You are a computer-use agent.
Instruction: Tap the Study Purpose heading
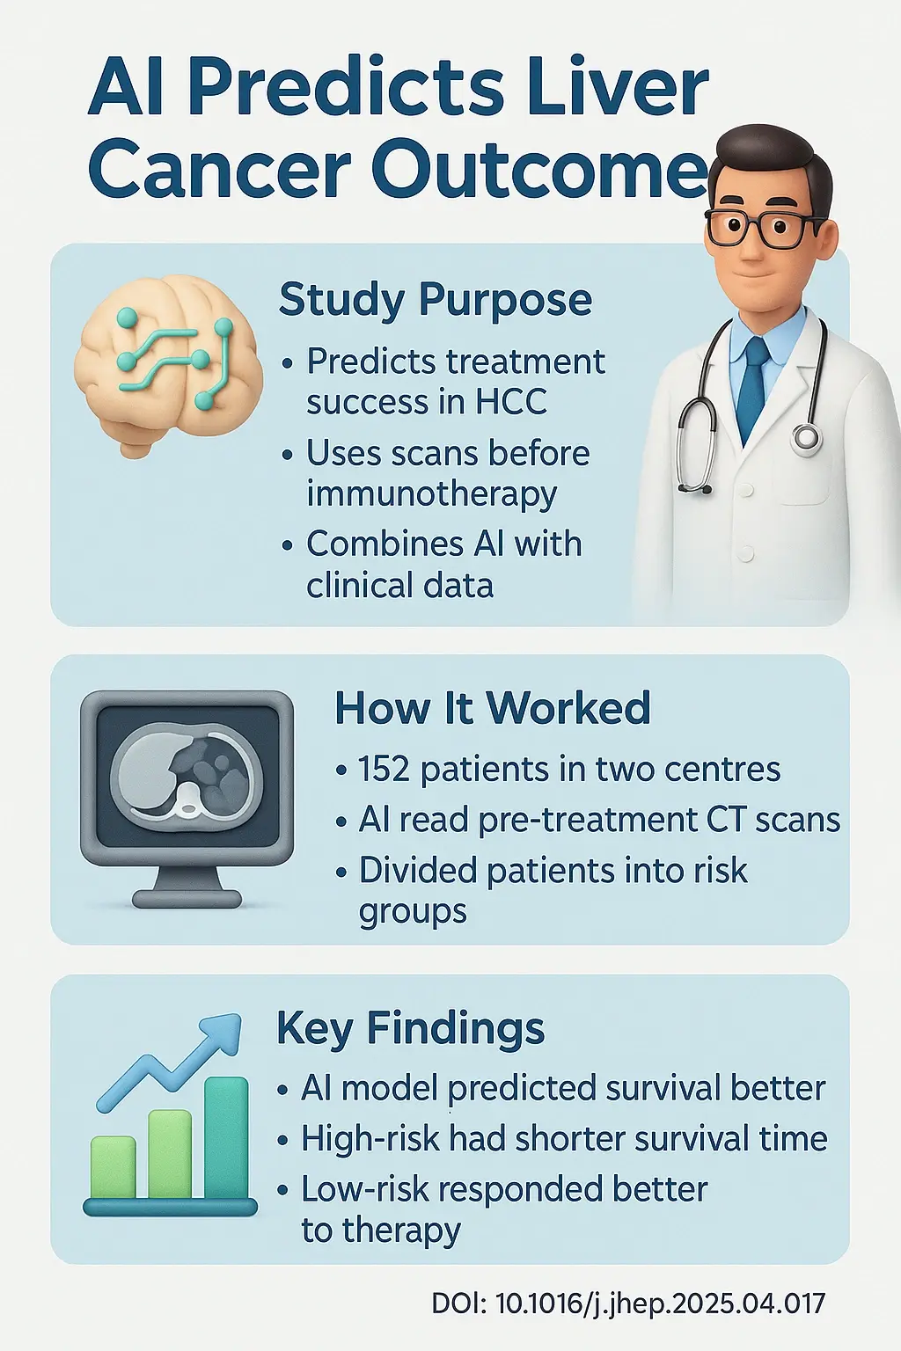pyautogui.click(x=435, y=300)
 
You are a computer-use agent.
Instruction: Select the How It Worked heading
pyautogui.click(x=492, y=708)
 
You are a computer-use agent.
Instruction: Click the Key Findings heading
pyautogui.click(x=410, y=1027)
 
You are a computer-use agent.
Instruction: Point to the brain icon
pyautogui.click(x=167, y=365)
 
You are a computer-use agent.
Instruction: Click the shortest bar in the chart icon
pyautogui.click(x=113, y=1167)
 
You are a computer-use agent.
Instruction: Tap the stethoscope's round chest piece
pyautogui.click(x=805, y=437)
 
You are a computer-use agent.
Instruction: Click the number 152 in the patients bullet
pyautogui.click(x=384, y=770)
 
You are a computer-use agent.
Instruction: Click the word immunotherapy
pyautogui.click(x=431, y=494)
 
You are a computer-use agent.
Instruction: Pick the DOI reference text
pyautogui.click(x=627, y=1303)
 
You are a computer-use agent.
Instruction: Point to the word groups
pyautogui.click(x=412, y=911)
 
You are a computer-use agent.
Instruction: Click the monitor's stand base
pyautogui.click(x=187, y=899)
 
